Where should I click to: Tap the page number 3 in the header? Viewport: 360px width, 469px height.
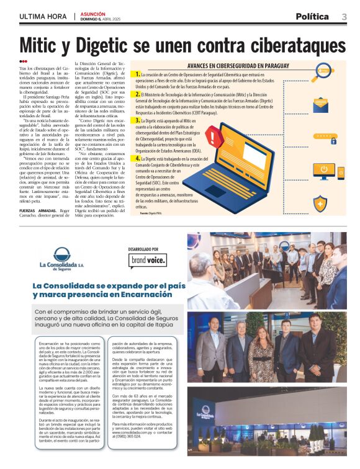[343, 16]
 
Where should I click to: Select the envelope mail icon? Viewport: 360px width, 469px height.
[321, 104]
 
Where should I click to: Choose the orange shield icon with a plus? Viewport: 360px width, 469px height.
[320, 203]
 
